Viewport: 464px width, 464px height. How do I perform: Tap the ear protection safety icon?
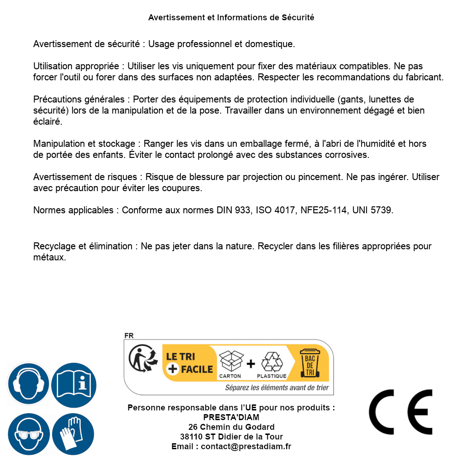(x=28, y=384)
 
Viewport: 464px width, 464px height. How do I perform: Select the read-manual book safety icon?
(x=74, y=384)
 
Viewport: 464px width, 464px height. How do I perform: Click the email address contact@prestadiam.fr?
(x=246, y=446)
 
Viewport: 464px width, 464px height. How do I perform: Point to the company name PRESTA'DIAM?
(x=231, y=417)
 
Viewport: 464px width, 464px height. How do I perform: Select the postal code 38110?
(x=191, y=437)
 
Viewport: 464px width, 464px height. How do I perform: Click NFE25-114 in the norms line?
(x=323, y=211)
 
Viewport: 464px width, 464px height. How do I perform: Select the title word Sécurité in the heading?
(x=298, y=18)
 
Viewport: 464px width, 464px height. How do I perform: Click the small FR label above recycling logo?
(x=129, y=336)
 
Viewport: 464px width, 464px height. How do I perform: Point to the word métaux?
(x=50, y=258)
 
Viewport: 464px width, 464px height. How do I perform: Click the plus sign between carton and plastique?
(x=251, y=364)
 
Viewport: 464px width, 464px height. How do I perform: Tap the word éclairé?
(x=48, y=122)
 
